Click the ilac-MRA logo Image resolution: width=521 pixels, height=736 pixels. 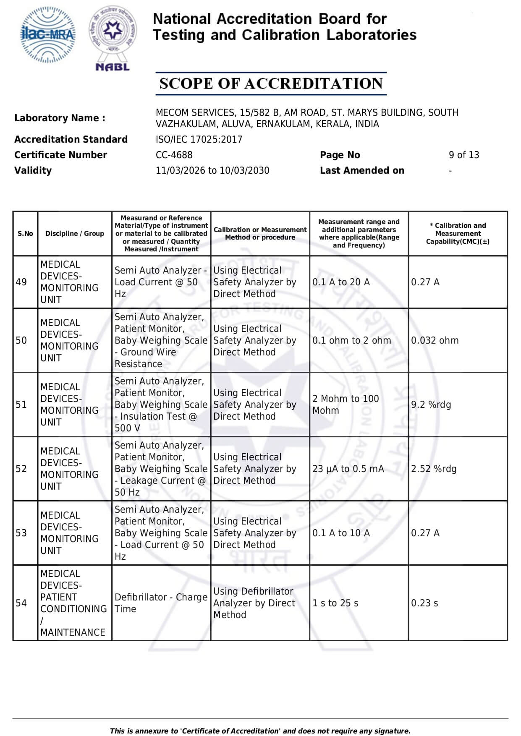click(x=48, y=34)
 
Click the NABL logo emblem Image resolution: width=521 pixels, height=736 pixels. click(x=113, y=38)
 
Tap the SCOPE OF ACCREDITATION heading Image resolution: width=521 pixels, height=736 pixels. click(x=271, y=84)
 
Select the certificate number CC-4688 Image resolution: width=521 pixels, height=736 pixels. click(x=174, y=155)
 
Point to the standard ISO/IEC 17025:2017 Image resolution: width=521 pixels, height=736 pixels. click(x=199, y=139)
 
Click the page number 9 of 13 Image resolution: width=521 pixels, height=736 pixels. click(x=463, y=155)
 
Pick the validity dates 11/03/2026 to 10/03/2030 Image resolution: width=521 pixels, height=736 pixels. click(x=212, y=170)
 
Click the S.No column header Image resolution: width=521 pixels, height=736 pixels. click(x=25, y=233)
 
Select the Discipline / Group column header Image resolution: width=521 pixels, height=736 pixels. click(x=75, y=233)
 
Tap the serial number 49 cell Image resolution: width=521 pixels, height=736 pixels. click(x=21, y=282)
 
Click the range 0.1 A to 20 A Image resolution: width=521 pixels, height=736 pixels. click(x=341, y=282)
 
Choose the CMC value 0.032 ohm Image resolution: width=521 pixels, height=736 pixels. click(x=435, y=340)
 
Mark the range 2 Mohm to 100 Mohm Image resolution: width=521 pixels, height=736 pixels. click(x=346, y=405)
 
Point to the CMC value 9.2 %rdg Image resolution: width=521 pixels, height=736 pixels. click(x=431, y=405)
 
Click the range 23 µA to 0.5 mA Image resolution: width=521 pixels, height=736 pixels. click(x=348, y=469)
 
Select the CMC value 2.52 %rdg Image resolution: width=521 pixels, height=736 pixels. click(x=434, y=469)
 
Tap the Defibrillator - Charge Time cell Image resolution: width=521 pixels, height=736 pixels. click(x=161, y=603)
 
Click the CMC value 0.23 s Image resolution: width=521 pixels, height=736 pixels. click(x=424, y=603)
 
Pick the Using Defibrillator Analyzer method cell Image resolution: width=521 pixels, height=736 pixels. click(x=254, y=603)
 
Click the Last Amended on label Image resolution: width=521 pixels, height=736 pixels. click(x=362, y=170)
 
